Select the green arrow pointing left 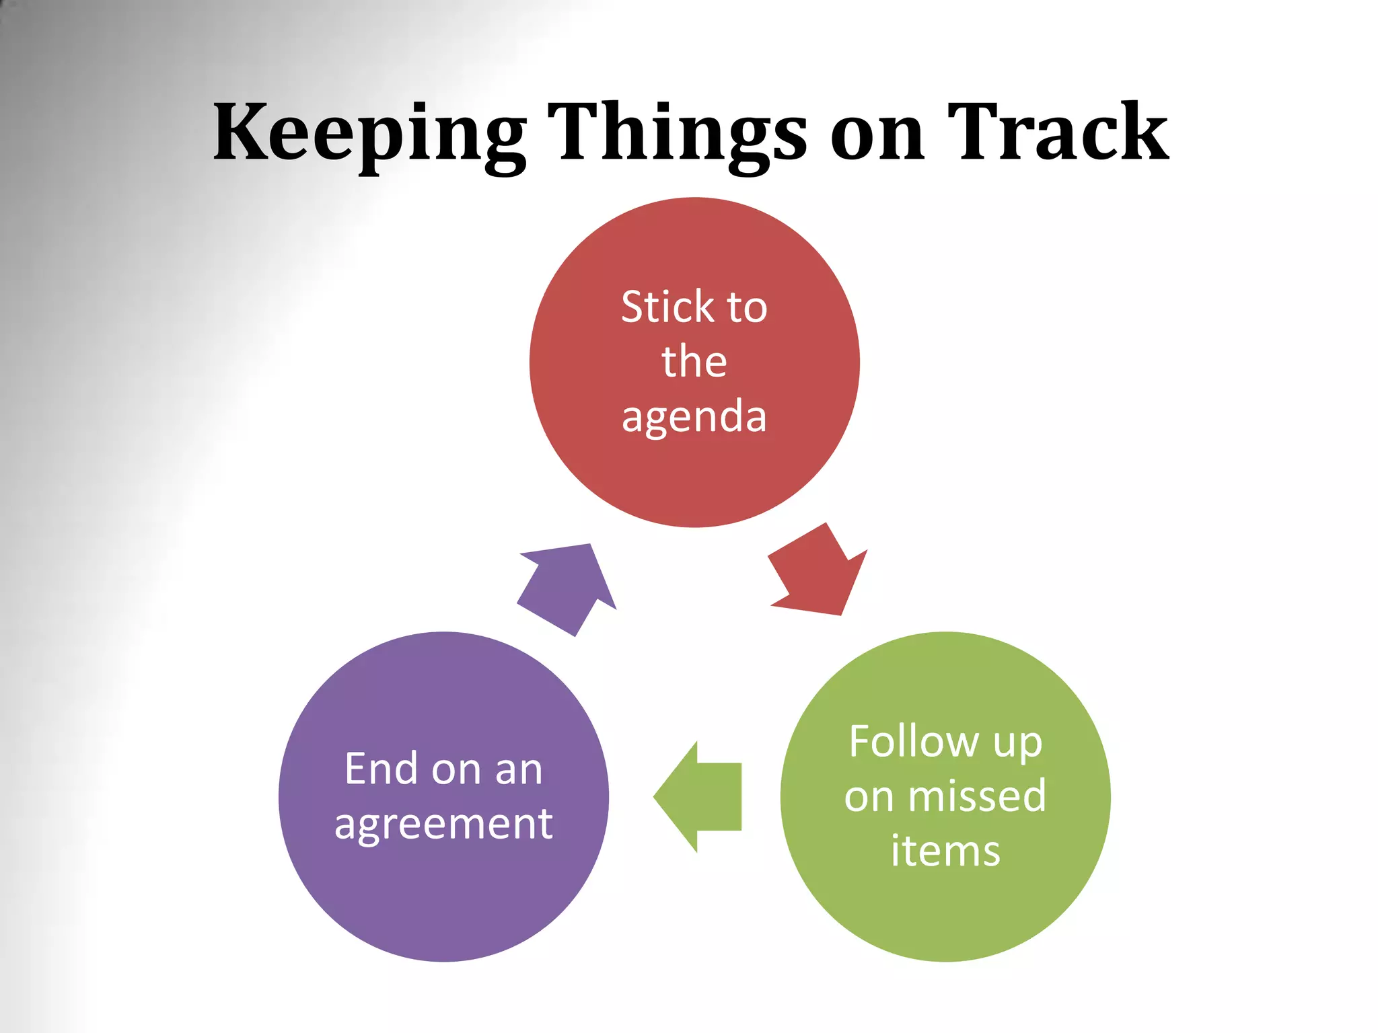[700, 797]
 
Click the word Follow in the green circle [913, 741]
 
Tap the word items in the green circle [945, 851]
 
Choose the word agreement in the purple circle [443, 825]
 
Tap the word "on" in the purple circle [456, 771]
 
